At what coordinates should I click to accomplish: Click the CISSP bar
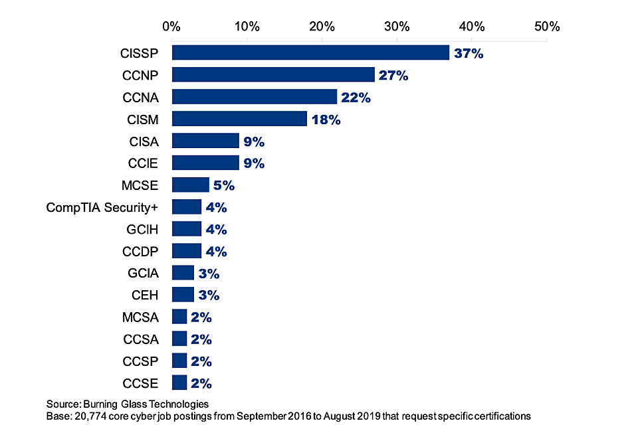[x=310, y=53]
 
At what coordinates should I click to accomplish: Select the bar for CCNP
[x=273, y=75]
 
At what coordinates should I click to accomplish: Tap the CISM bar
[x=239, y=119]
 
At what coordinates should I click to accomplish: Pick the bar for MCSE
[x=190, y=185]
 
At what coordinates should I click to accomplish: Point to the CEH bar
[x=183, y=295]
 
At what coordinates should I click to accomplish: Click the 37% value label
[x=469, y=53]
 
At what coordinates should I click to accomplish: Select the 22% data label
[x=356, y=97]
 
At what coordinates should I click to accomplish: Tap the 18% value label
[x=326, y=120]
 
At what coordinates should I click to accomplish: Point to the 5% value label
[x=223, y=185]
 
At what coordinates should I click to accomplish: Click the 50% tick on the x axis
[x=547, y=27]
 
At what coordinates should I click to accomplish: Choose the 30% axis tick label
[x=397, y=27]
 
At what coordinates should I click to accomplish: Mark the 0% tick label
[x=171, y=27]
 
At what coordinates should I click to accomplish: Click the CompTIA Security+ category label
[x=102, y=207]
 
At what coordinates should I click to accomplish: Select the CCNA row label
[x=140, y=98]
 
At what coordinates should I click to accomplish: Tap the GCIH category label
[x=142, y=229]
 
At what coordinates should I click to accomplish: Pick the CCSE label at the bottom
[x=140, y=383]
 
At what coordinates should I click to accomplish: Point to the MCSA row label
[x=140, y=317]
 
